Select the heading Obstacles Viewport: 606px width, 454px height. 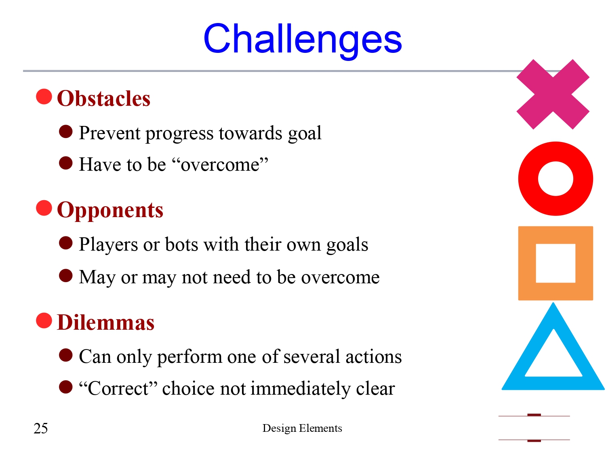tap(104, 98)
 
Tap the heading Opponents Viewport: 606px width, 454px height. tap(110, 210)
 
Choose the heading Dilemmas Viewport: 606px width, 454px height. tap(106, 322)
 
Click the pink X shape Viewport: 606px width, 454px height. tap(553, 94)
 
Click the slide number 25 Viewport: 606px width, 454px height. tap(40, 428)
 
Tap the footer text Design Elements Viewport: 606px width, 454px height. tap(302, 428)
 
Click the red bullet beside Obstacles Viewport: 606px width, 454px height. tap(44, 97)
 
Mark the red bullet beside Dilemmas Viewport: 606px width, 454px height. tap(44, 321)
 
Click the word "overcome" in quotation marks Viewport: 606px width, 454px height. tap(220, 165)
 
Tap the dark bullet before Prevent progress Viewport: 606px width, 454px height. tap(65, 132)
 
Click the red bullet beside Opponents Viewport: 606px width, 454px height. tap(44, 208)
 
